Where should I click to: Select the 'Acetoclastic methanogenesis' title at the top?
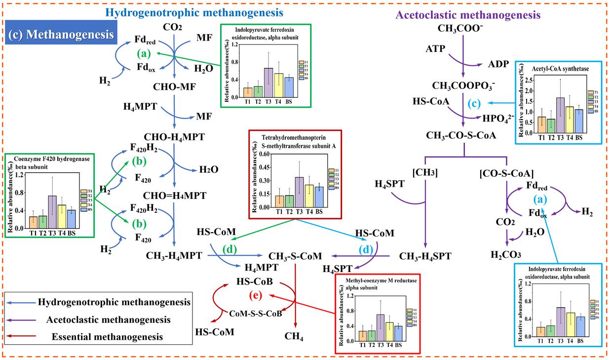[x=468, y=15]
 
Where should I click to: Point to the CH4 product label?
[x=295, y=337]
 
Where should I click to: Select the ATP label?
[x=435, y=49]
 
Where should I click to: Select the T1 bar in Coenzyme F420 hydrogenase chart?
[x=33, y=222]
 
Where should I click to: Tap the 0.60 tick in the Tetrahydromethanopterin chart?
[x=266, y=154]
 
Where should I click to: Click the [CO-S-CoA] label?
[x=505, y=173]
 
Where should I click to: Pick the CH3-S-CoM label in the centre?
[x=295, y=256]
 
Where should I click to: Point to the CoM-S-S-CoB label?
[x=256, y=313]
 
